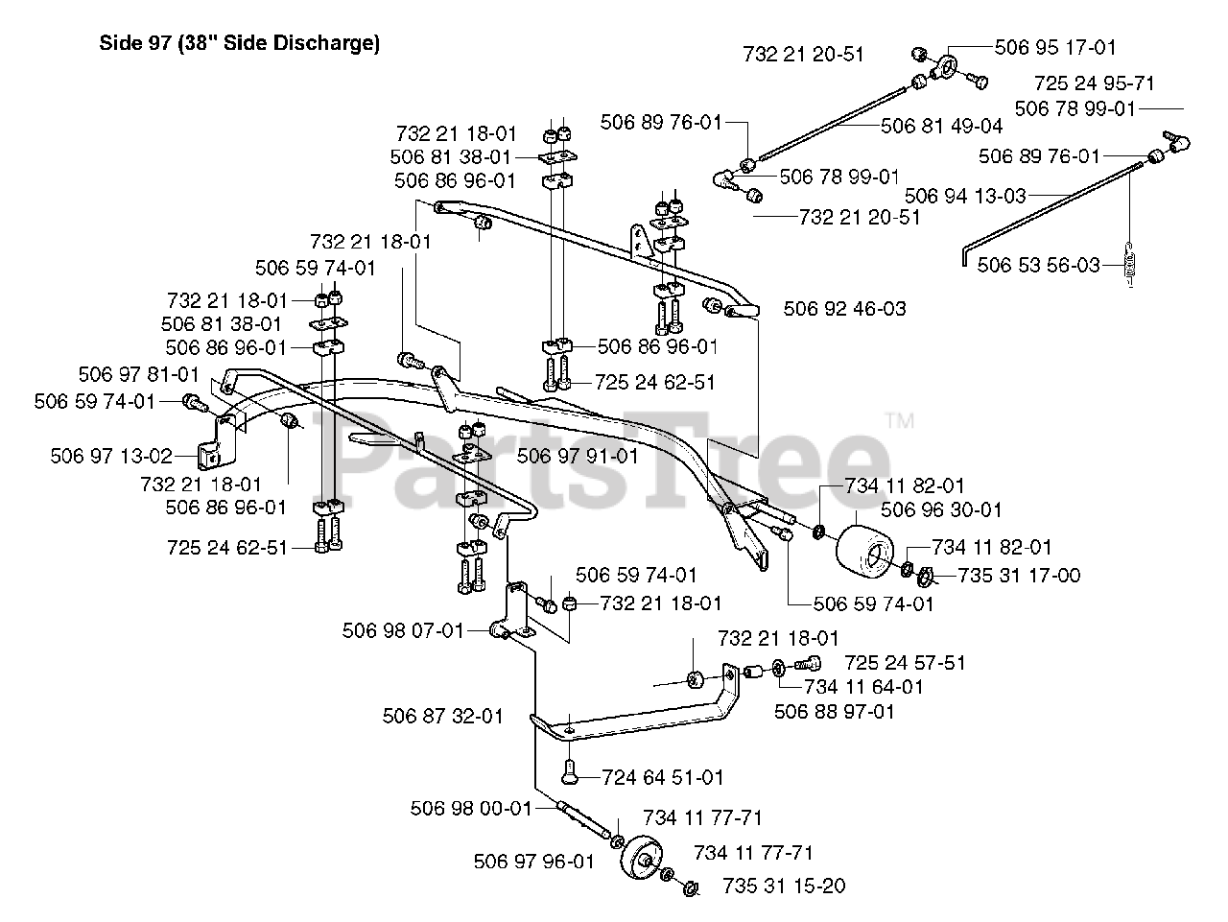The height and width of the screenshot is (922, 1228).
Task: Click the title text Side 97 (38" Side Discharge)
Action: tap(240, 43)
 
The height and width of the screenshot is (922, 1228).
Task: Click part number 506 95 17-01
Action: tap(1055, 48)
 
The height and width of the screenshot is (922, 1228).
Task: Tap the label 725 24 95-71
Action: tap(1095, 83)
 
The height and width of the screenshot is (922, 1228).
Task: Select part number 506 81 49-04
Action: tap(941, 126)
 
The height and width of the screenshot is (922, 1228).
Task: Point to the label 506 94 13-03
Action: tap(966, 196)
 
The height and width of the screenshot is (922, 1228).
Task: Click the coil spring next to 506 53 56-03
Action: tap(1130, 264)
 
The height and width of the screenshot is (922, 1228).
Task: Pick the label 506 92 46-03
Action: tap(845, 309)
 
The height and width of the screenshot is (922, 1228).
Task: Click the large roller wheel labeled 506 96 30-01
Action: tap(864, 550)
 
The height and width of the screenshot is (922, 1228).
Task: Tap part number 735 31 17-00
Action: tap(1019, 576)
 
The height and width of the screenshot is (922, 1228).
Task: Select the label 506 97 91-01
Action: tap(578, 457)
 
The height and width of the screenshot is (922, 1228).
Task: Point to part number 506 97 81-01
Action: tap(139, 374)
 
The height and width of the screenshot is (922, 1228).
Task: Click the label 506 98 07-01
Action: tap(403, 631)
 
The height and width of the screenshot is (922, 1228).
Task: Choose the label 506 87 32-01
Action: tap(443, 716)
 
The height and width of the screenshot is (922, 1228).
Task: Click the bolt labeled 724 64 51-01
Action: tap(568, 771)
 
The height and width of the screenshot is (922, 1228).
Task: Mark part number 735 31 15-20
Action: tap(785, 887)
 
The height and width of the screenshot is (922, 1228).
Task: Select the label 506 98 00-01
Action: tap(471, 809)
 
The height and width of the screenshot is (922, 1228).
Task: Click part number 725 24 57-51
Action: tap(906, 663)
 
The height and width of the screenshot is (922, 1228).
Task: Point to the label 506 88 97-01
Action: tap(835, 712)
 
